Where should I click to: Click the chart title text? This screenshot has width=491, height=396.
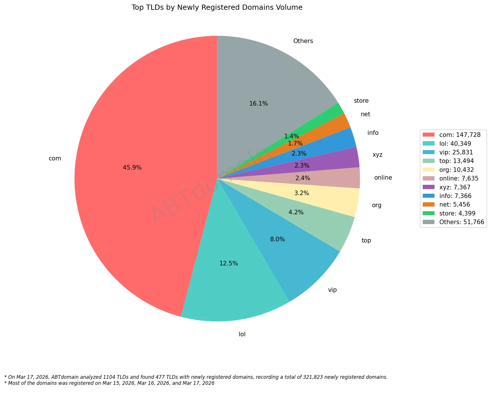(x=217, y=7)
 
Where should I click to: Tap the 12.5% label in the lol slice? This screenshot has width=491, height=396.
(x=229, y=263)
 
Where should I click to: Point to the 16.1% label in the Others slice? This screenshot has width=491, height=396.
(x=258, y=104)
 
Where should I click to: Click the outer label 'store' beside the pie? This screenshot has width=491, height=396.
(x=361, y=101)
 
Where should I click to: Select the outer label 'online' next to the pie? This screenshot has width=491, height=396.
(x=383, y=178)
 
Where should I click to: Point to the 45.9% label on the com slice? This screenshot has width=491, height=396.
(x=132, y=168)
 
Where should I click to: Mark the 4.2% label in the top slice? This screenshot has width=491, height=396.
(x=296, y=212)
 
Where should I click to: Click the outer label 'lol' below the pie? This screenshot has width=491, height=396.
(x=242, y=334)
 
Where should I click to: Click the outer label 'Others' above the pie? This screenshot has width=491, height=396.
(x=303, y=41)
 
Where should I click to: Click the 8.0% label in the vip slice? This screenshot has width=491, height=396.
(x=277, y=239)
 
